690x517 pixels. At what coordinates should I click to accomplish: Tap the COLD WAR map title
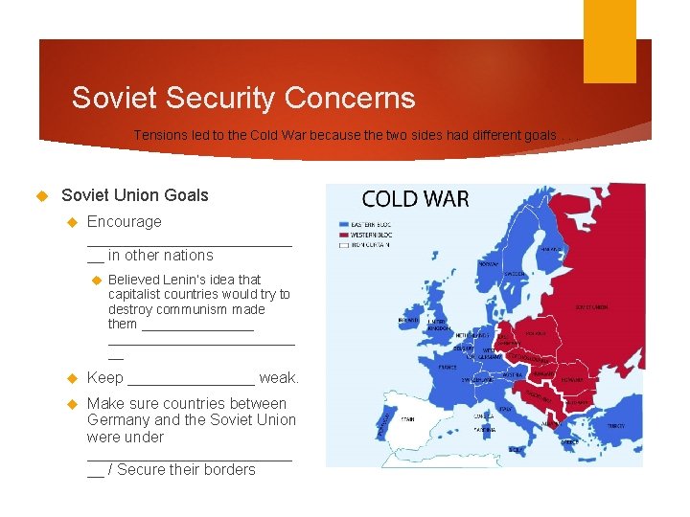coord(415,199)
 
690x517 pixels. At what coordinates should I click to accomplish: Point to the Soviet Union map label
coord(591,307)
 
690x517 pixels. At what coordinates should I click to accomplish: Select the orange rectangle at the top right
coord(609,41)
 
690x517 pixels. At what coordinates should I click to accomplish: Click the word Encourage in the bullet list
coord(125,221)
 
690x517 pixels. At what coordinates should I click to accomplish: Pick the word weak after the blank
coord(279,378)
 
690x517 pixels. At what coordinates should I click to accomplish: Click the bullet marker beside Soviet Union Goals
coord(41,195)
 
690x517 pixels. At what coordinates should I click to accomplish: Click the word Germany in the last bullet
coord(119,420)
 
